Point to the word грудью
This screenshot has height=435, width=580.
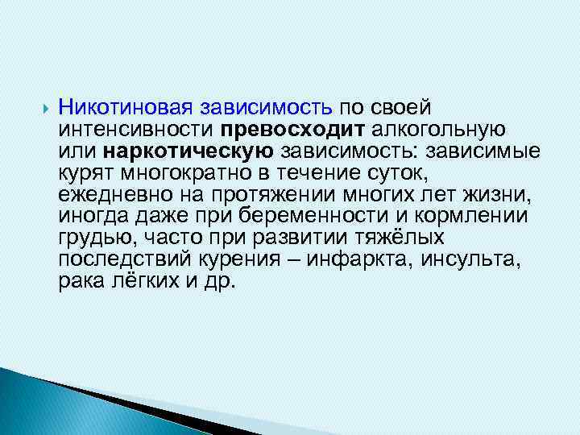[88, 238]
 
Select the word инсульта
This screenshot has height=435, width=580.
[479, 259]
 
